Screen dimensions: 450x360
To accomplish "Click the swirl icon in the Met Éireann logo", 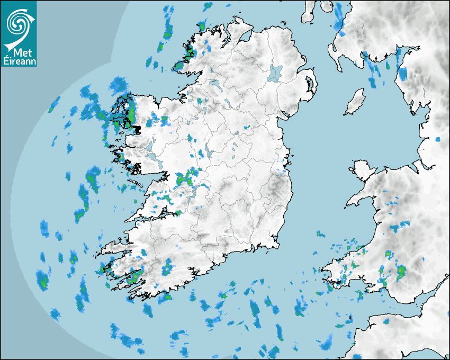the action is point(17,23).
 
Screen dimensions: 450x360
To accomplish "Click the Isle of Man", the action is point(355,102).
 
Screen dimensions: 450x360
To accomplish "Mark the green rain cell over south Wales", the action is point(400,272).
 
